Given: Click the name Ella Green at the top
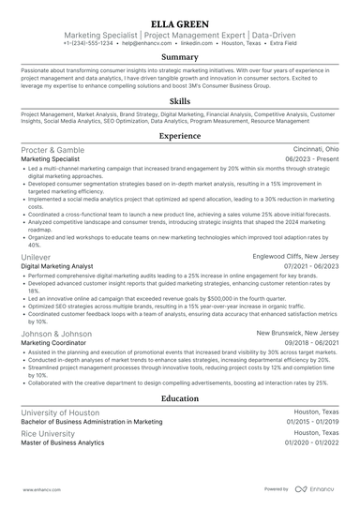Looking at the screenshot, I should [180, 20].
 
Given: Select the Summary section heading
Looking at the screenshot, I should [180, 57].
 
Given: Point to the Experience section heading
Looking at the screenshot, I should [180, 136].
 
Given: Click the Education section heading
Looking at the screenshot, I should [180, 397].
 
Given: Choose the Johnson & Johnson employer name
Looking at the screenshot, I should [56, 333].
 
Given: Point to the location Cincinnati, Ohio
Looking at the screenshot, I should [310, 150].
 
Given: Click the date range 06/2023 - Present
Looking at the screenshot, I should [311, 160].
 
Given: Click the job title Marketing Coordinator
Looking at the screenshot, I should [52, 343].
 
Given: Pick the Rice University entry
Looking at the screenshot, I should [48, 433].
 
